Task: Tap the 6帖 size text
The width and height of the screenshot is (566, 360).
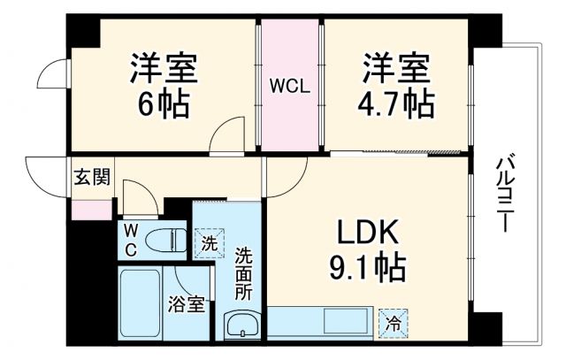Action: pos(163,105)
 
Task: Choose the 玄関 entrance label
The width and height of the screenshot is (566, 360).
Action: pos(91,177)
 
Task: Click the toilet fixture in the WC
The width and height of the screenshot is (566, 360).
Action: pos(164,241)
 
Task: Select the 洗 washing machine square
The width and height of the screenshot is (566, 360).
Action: pos(209,241)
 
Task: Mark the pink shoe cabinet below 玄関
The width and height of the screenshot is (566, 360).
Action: pos(92,211)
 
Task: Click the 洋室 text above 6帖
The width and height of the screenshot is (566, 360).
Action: pos(163,68)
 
